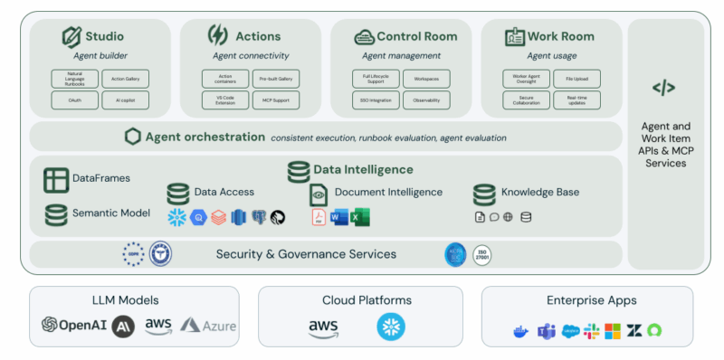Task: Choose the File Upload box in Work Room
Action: (x=576, y=79)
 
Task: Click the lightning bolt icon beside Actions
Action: (x=218, y=36)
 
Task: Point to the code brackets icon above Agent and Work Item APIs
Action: (x=663, y=88)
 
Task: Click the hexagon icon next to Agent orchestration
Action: (x=133, y=137)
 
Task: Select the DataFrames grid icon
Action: (x=56, y=180)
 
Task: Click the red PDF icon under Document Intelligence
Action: (x=319, y=217)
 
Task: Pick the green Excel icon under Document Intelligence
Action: (x=360, y=217)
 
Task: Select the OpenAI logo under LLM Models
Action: (x=75, y=326)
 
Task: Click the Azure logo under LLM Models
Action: (x=208, y=326)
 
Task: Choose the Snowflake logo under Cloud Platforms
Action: (x=391, y=327)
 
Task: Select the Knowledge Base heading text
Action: (x=540, y=192)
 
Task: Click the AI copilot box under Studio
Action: (x=125, y=102)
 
